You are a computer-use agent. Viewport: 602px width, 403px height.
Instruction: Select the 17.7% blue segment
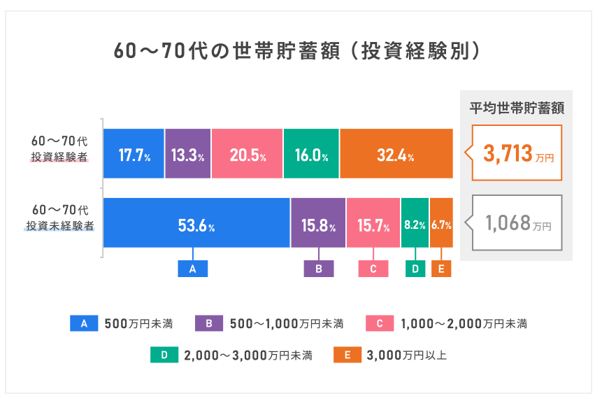pyautogui.click(x=134, y=154)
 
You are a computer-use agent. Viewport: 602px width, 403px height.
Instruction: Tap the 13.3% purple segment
pyautogui.click(x=187, y=154)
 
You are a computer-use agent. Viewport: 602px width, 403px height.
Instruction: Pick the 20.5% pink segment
pyautogui.click(x=247, y=154)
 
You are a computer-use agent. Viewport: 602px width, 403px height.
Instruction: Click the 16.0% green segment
pyautogui.click(x=311, y=154)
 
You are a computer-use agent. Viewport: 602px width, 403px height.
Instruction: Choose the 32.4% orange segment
pyautogui.click(x=396, y=154)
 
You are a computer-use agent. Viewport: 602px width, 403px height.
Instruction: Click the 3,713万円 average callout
pyautogui.click(x=517, y=153)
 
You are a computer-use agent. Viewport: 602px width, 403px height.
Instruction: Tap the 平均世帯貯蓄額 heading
pyautogui.click(x=516, y=108)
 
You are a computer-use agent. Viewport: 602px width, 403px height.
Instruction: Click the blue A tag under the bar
pyautogui.click(x=193, y=269)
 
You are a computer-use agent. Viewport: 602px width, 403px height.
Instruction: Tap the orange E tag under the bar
pyautogui.click(x=441, y=269)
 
